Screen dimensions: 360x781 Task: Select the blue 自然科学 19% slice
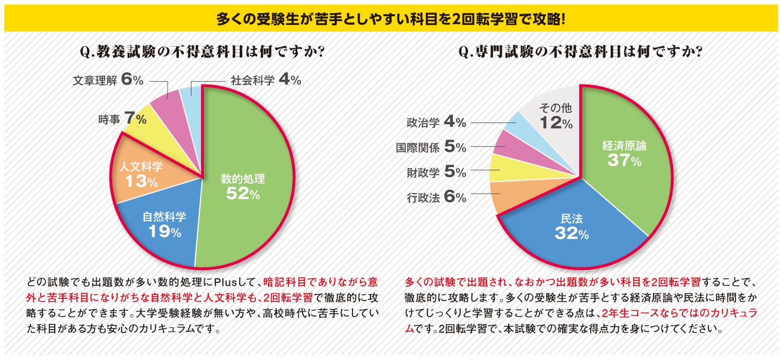click(163, 228)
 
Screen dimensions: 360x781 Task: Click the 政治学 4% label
click(436, 122)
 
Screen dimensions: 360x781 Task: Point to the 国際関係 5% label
click(431, 147)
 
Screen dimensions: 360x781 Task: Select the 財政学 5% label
click(436, 172)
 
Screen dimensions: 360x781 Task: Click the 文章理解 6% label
click(108, 80)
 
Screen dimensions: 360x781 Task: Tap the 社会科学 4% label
click(266, 80)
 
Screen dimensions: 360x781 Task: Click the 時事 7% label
click(123, 118)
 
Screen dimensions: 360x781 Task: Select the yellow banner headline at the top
click(390, 20)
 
